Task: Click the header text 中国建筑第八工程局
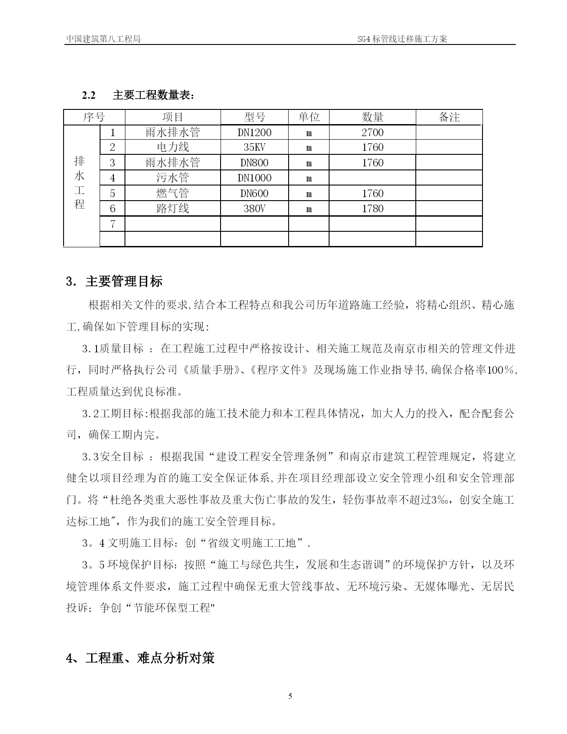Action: coord(103,39)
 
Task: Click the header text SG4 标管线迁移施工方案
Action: coord(402,39)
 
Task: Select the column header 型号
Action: coord(254,117)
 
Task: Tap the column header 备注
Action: coord(449,117)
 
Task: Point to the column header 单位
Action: coord(309,117)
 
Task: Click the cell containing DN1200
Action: coord(254,133)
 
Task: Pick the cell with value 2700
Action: coord(372,133)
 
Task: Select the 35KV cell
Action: coord(254,148)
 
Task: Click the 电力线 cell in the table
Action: coord(173,148)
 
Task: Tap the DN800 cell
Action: coord(254,163)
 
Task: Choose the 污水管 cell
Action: coord(173,178)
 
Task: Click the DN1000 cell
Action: coord(254,178)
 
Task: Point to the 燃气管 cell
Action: coord(173,194)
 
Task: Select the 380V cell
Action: coord(254,209)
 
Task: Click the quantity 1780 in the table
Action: coord(372,209)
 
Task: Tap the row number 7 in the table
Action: coord(113,224)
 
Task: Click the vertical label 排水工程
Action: coord(80,183)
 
